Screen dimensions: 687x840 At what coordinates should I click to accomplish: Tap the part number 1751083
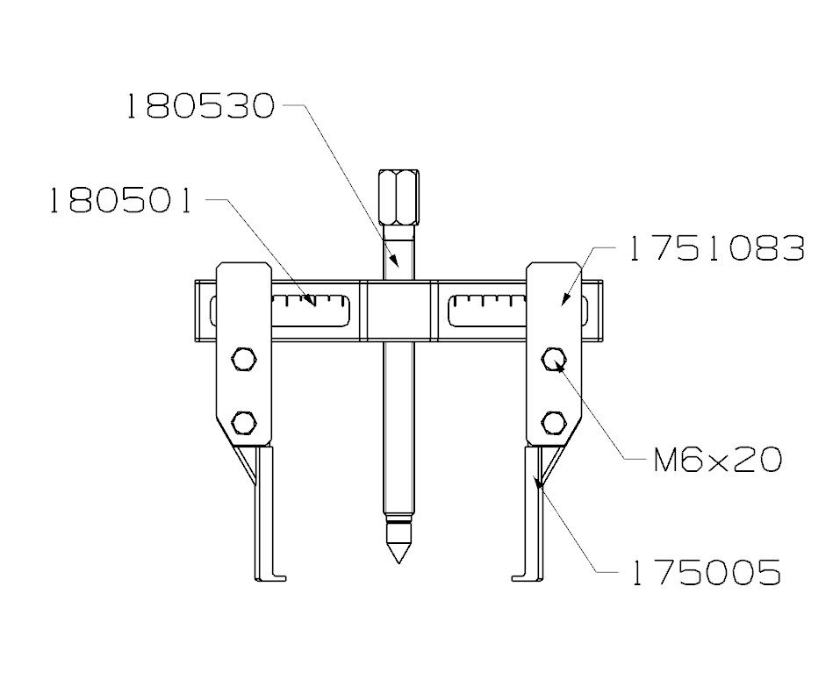715,250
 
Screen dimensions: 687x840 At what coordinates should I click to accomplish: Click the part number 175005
705,574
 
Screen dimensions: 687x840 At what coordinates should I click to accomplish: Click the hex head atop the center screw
398,197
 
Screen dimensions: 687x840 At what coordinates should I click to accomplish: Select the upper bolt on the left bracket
243,358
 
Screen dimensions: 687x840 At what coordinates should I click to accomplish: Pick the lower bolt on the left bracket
243,423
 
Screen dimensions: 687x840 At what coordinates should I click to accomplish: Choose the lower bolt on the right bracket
553,423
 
